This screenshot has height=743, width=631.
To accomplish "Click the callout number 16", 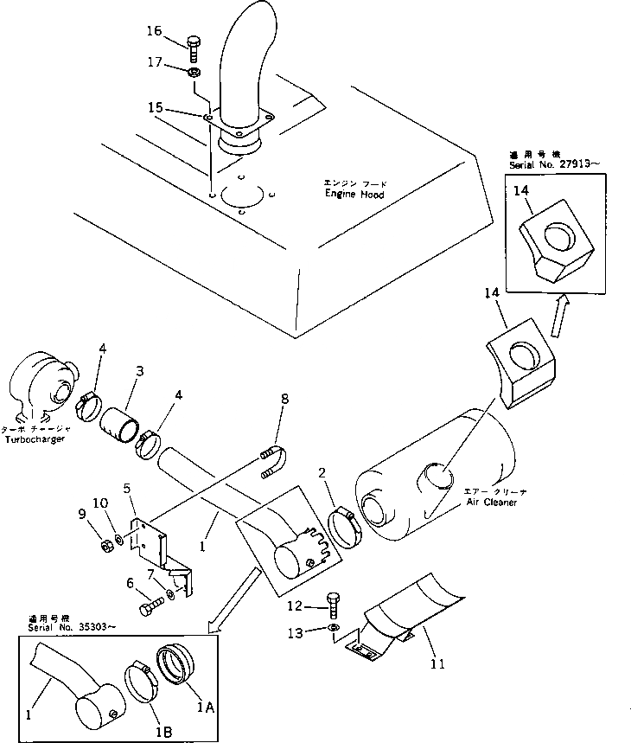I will pyautogui.click(x=153, y=31).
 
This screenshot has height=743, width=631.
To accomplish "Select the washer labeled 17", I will pyautogui.click(x=195, y=72).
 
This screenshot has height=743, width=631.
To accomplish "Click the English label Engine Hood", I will pyautogui.click(x=354, y=195).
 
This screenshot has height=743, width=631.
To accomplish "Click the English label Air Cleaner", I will pyautogui.click(x=490, y=502).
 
